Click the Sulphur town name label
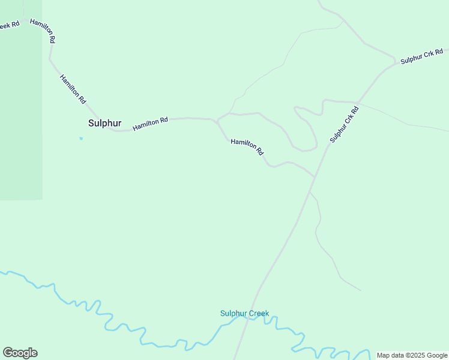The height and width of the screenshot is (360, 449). click(x=104, y=123)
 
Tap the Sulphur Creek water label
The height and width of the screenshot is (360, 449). click(x=244, y=313)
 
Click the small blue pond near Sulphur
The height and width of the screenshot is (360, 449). click(x=81, y=139)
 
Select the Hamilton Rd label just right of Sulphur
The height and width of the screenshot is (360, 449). click(x=150, y=124)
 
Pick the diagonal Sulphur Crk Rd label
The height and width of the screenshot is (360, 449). click(x=344, y=124)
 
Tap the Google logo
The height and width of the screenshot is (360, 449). click(x=20, y=352)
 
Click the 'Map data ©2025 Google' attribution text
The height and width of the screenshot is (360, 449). click(x=412, y=355)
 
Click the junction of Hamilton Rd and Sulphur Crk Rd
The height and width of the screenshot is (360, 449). click(x=315, y=178)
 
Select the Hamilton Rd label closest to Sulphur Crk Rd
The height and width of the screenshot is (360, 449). click(x=247, y=147)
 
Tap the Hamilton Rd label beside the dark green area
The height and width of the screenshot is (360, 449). click(x=43, y=30)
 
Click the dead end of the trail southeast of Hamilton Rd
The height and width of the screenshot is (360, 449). click(x=361, y=290)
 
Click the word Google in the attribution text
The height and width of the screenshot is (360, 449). click(x=437, y=355)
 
